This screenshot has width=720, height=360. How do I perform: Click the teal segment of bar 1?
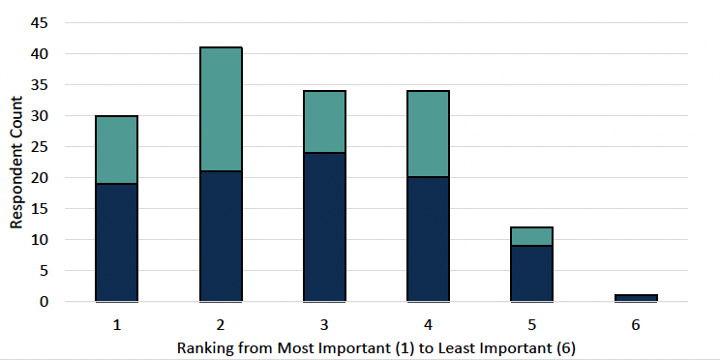point(116,149)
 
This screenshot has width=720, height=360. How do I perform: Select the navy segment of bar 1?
point(116,242)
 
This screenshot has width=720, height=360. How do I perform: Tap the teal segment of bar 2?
point(221,108)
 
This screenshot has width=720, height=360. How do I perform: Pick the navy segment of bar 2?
point(221,236)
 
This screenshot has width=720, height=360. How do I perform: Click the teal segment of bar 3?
point(324,121)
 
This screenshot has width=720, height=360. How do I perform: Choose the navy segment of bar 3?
point(324,226)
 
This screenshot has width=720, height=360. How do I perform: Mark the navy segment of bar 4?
point(428,239)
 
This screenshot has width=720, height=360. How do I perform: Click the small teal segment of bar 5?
point(531,236)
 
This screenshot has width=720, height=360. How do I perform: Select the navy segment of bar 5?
point(531,273)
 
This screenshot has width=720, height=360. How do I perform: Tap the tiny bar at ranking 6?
point(635,298)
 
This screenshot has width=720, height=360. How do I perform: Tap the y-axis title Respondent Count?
point(16,162)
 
